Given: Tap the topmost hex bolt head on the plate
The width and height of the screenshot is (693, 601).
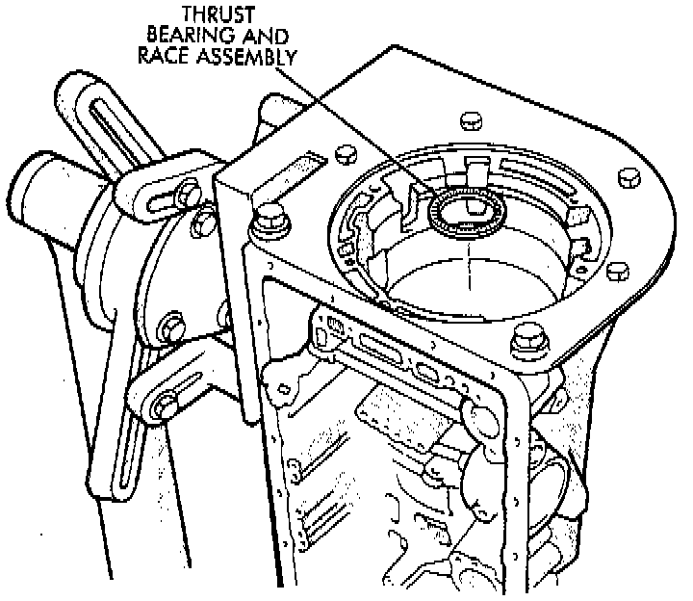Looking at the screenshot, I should [470, 120].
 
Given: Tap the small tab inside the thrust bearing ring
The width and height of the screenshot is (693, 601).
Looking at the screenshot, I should [472, 204].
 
